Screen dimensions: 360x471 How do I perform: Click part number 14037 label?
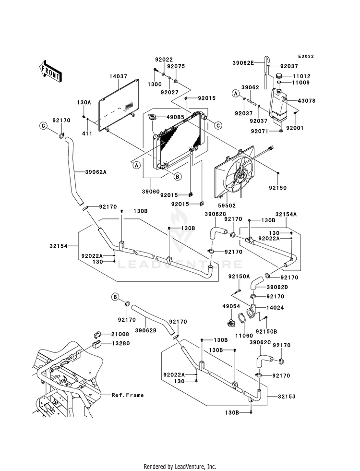(118, 76)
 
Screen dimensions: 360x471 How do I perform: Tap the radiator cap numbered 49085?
(153, 118)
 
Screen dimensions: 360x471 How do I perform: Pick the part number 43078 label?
(307, 101)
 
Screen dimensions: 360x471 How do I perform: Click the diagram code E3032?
(306, 57)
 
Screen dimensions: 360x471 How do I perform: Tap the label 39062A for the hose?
(96, 172)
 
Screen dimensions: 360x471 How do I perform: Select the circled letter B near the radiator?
(178, 176)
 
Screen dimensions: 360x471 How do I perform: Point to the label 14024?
(275, 308)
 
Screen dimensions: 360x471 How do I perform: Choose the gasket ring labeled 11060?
(242, 319)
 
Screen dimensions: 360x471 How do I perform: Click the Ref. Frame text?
(128, 395)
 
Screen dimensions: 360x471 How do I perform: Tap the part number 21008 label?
(120, 334)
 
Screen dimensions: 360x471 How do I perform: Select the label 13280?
(120, 343)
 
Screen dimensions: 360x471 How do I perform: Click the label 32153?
(287, 397)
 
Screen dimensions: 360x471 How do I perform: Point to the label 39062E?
(243, 63)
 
